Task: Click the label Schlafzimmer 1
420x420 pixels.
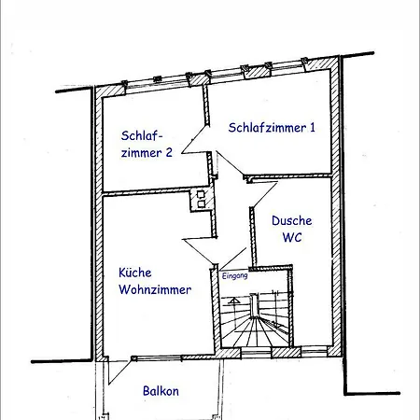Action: point(272,128)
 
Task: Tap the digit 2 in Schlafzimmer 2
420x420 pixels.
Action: point(169,152)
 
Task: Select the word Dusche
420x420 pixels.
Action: point(292,220)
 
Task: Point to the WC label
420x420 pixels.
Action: point(292,237)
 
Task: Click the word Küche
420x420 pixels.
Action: point(135,273)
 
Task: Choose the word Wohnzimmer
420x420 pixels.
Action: point(155,289)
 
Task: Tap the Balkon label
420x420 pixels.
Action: point(161,391)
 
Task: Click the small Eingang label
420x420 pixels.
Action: point(235,275)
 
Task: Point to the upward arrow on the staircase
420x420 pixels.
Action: point(233,301)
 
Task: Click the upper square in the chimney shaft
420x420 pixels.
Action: point(201,194)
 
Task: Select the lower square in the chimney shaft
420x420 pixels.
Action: point(202,204)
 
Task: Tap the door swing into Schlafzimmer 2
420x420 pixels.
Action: point(193,141)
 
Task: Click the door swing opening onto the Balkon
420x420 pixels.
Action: point(119,371)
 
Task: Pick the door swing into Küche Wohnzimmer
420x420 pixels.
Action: point(199,250)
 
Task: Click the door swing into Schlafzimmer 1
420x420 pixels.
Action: point(231,163)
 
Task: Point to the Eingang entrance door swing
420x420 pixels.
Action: point(232,259)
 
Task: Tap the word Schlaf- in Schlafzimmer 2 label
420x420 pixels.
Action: point(142,135)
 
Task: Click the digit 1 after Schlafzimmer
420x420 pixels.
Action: point(313,128)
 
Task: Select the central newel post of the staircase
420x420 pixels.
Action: point(255,305)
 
